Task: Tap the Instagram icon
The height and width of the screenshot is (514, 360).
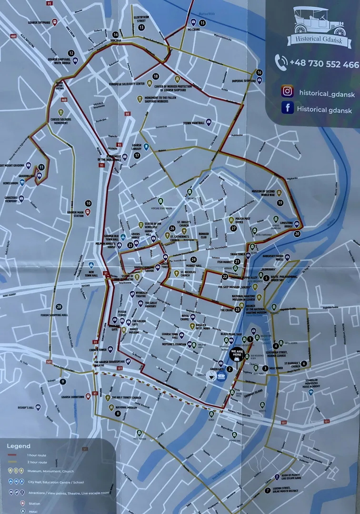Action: coord(287,91)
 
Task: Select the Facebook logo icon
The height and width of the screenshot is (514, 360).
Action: coord(287,108)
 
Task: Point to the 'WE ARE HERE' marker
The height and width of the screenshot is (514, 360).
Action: coord(236,355)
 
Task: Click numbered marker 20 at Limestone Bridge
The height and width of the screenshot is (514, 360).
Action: coord(298,234)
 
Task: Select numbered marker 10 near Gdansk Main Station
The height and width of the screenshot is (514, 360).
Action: coord(88,203)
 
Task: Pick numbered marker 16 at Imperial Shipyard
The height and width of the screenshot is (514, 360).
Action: coord(259,72)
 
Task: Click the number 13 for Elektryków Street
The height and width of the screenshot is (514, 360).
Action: coord(141,28)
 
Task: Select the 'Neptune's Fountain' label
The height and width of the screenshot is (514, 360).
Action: coord(173,344)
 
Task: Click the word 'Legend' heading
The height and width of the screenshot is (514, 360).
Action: coord(19,446)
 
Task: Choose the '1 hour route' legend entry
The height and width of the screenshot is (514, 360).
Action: coord(36,455)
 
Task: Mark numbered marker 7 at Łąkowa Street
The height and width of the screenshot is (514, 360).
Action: coord(267,491)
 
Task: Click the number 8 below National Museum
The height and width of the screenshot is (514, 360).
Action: coord(118,414)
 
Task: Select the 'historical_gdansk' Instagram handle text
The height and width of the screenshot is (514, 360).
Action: coord(327,94)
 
